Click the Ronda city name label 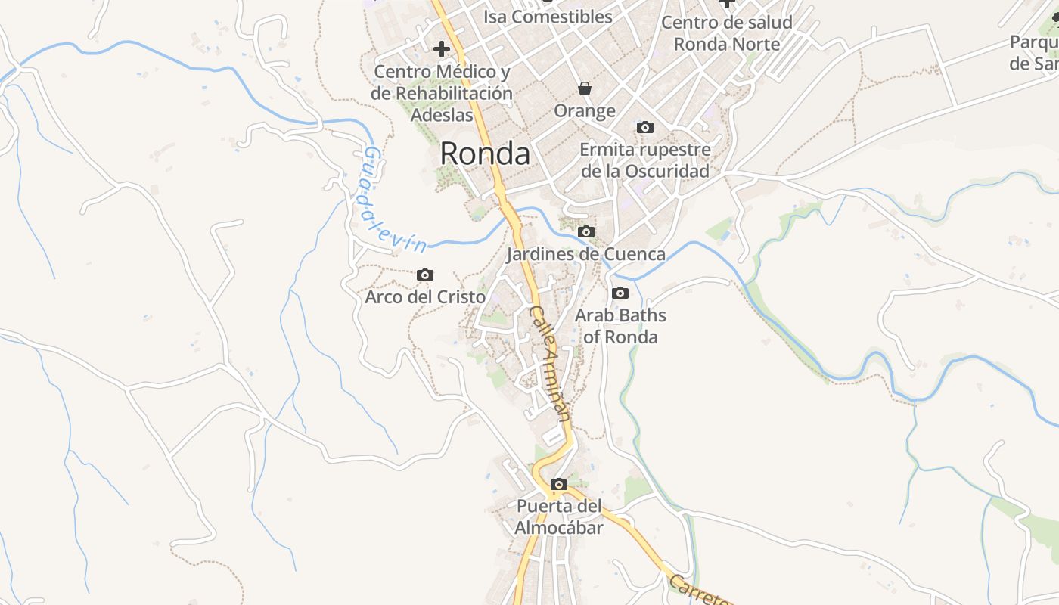coord(485,154)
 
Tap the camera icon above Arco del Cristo coord(425,275)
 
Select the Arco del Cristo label coord(425,297)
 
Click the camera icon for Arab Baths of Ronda coord(620,293)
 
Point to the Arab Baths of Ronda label coord(620,326)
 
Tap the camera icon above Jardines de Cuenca coord(585,232)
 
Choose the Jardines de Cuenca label coord(585,254)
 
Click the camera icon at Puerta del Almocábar coord(559,485)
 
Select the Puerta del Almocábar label coord(559,517)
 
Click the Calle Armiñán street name coord(550,363)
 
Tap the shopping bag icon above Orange coord(585,89)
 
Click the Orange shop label coord(585,111)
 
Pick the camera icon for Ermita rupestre coord(644,128)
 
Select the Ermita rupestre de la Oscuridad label coord(645,160)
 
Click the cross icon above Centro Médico coord(442,50)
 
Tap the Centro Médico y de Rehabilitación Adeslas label coord(443,94)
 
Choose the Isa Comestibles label coord(548,17)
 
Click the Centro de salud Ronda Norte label coord(727,33)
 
